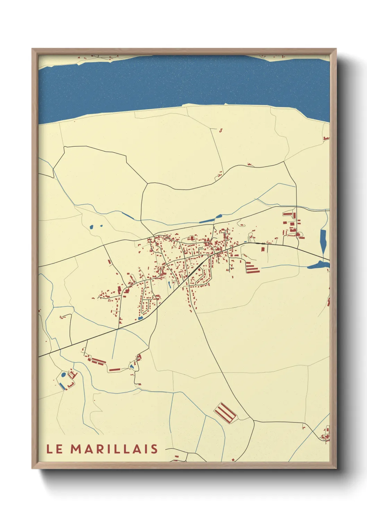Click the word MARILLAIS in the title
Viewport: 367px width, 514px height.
tap(114, 449)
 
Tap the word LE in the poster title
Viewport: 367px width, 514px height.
tap(55, 449)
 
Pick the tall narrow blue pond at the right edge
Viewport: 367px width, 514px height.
tap(323, 242)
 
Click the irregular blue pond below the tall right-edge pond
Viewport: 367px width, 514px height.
tap(318, 266)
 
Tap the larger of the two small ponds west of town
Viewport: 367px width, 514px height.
tap(92, 227)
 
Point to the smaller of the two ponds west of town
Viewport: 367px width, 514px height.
tap(101, 226)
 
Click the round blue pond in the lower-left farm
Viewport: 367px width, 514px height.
tap(63, 375)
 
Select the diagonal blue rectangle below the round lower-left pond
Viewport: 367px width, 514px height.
tap(62, 385)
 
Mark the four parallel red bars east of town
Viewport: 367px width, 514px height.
tap(252, 267)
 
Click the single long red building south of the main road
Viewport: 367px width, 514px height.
tap(114, 370)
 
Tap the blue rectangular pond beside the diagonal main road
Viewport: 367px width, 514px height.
tap(140, 318)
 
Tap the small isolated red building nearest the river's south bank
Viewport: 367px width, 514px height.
tap(220, 131)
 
